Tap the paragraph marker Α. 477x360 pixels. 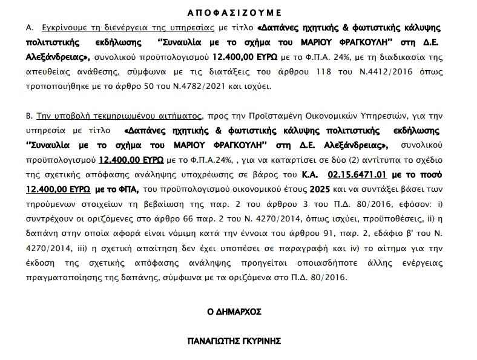[29, 28]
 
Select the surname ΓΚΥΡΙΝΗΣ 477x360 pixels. [260, 341]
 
